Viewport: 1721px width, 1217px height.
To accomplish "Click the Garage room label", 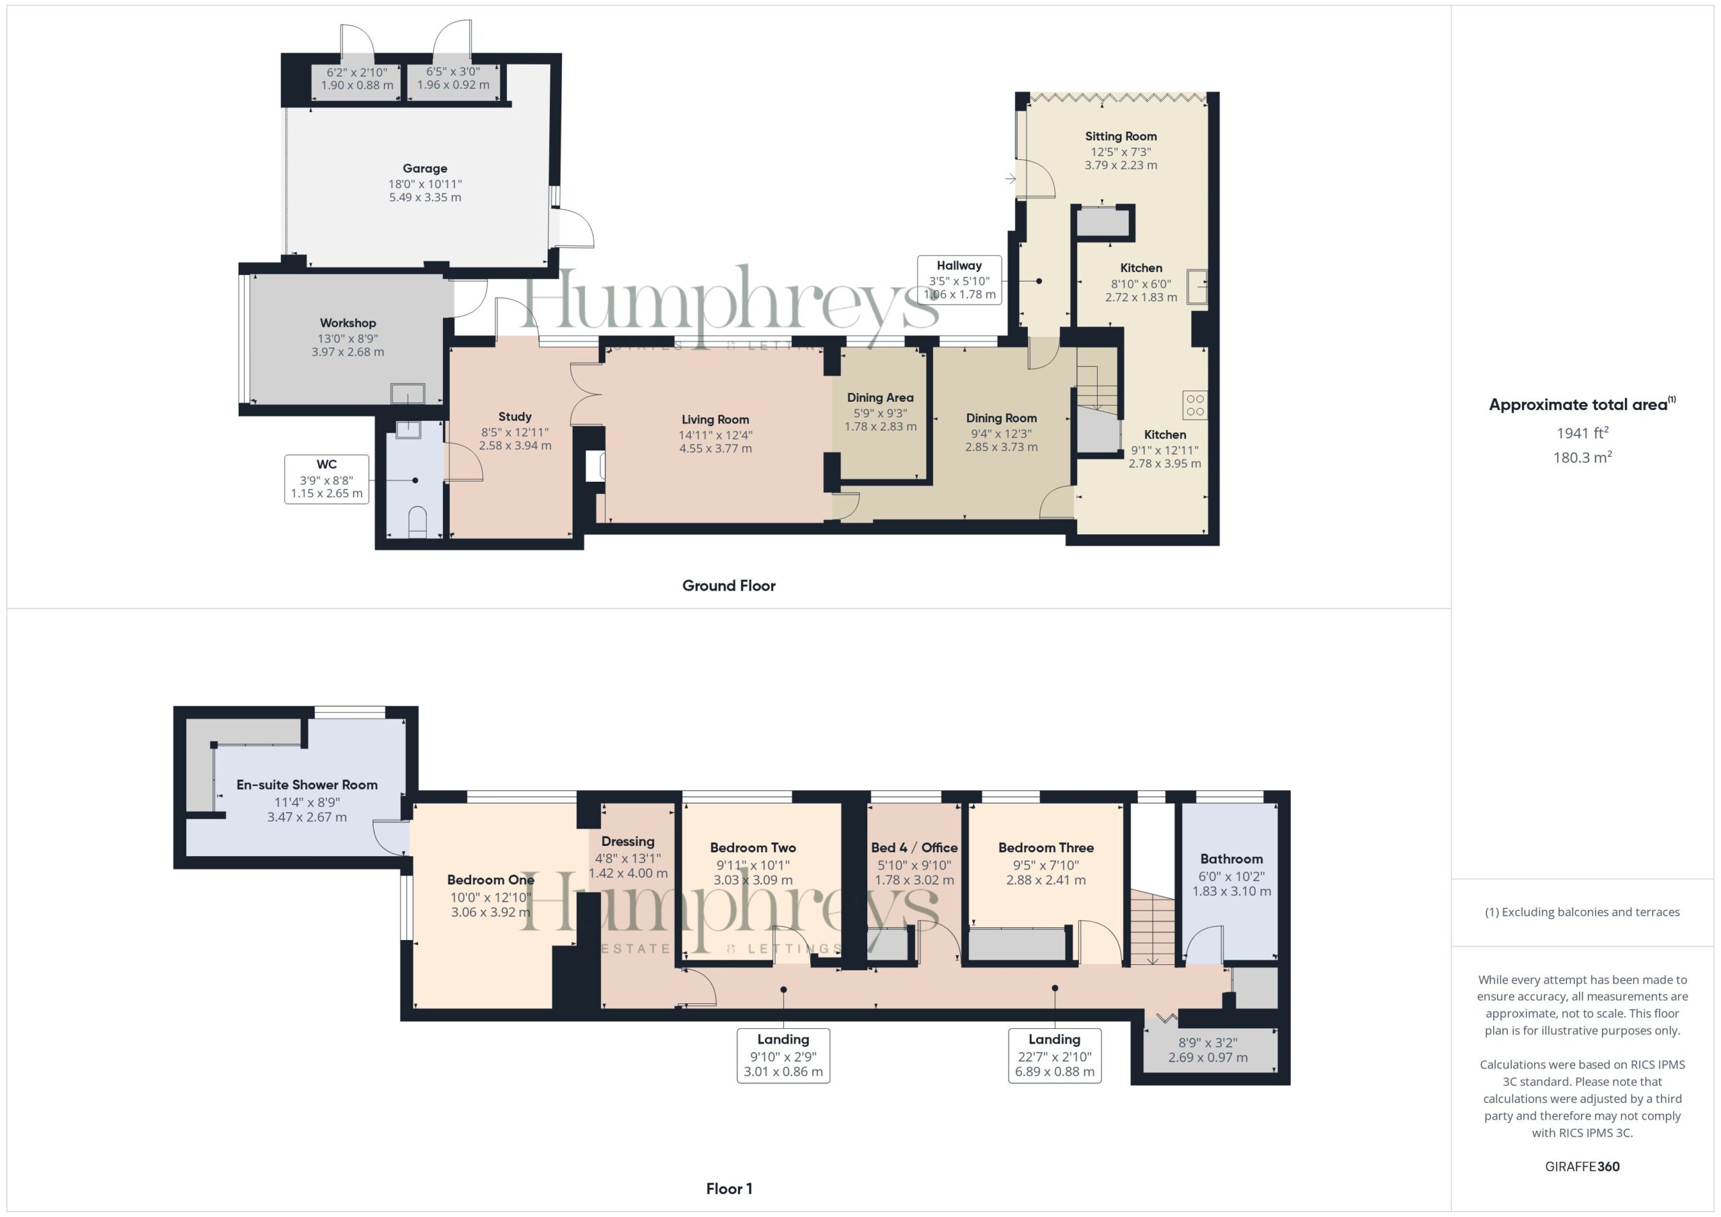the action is click(x=425, y=169).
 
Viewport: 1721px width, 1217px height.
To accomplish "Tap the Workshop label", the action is click(x=348, y=323).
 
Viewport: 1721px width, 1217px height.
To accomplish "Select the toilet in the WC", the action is click(x=417, y=522).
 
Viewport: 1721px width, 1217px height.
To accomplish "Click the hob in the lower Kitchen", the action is click(x=1195, y=405).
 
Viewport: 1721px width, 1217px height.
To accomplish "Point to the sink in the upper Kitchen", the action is click(x=1197, y=286).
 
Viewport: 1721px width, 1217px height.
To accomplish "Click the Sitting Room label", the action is click(x=1121, y=136).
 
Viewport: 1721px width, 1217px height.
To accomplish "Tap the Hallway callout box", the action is click(x=959, y=280).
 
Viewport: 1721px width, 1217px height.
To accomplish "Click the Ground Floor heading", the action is click(x=729, y=586).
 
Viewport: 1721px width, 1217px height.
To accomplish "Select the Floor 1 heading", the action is click(x=729, y=1189).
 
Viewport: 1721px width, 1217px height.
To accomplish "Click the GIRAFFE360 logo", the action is click(x=1583, y=1166).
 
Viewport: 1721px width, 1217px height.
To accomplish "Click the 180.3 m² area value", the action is click(x=1583, y=457).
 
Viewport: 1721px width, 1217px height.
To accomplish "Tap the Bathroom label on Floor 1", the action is click(x=1232, y=859).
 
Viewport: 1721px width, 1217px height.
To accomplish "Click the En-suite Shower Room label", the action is click(x=307, y=785).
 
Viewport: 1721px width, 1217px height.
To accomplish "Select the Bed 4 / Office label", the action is click(x=914, y=847).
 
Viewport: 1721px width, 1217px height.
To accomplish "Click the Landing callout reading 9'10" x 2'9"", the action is click(x=783, y=1055).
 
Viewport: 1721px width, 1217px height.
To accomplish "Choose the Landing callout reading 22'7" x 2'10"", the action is click(x=1055, y=1055).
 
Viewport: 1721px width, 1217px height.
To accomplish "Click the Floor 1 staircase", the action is click(x=1152, y=928).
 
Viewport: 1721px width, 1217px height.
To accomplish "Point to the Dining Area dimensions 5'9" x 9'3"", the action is click(x=880, y=413).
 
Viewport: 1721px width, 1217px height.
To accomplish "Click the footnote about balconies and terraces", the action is click(x=1583, y=912).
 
